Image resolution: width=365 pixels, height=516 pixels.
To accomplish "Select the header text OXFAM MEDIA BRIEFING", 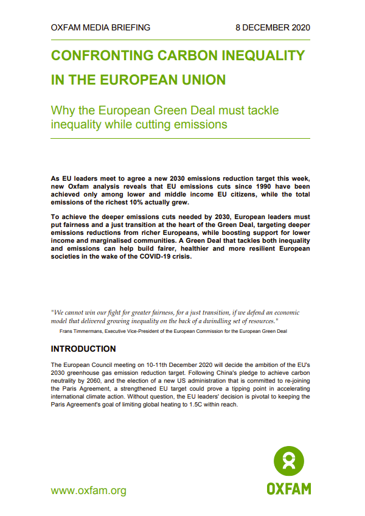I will pyautogui.click(x=100, y=27).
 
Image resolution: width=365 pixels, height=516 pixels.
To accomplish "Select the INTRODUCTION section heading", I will pyautogui.click(x=83, y=349).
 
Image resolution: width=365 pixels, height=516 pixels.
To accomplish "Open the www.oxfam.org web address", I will pyautogui.click(x=89, y=490).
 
